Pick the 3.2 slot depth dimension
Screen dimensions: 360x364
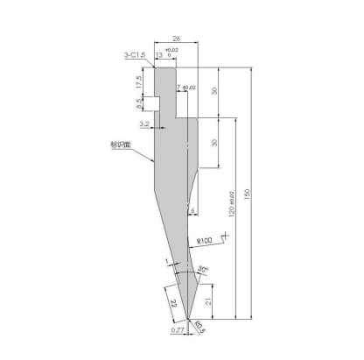[143, 125]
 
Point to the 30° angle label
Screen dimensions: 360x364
[202, 268]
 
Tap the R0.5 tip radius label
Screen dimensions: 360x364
[199, 328]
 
